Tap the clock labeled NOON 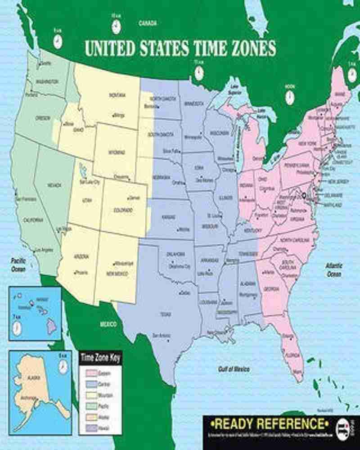pos(289,96)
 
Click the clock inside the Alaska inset pos(63,366)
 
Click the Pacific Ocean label pos(19,265)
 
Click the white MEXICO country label pos(108,324)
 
